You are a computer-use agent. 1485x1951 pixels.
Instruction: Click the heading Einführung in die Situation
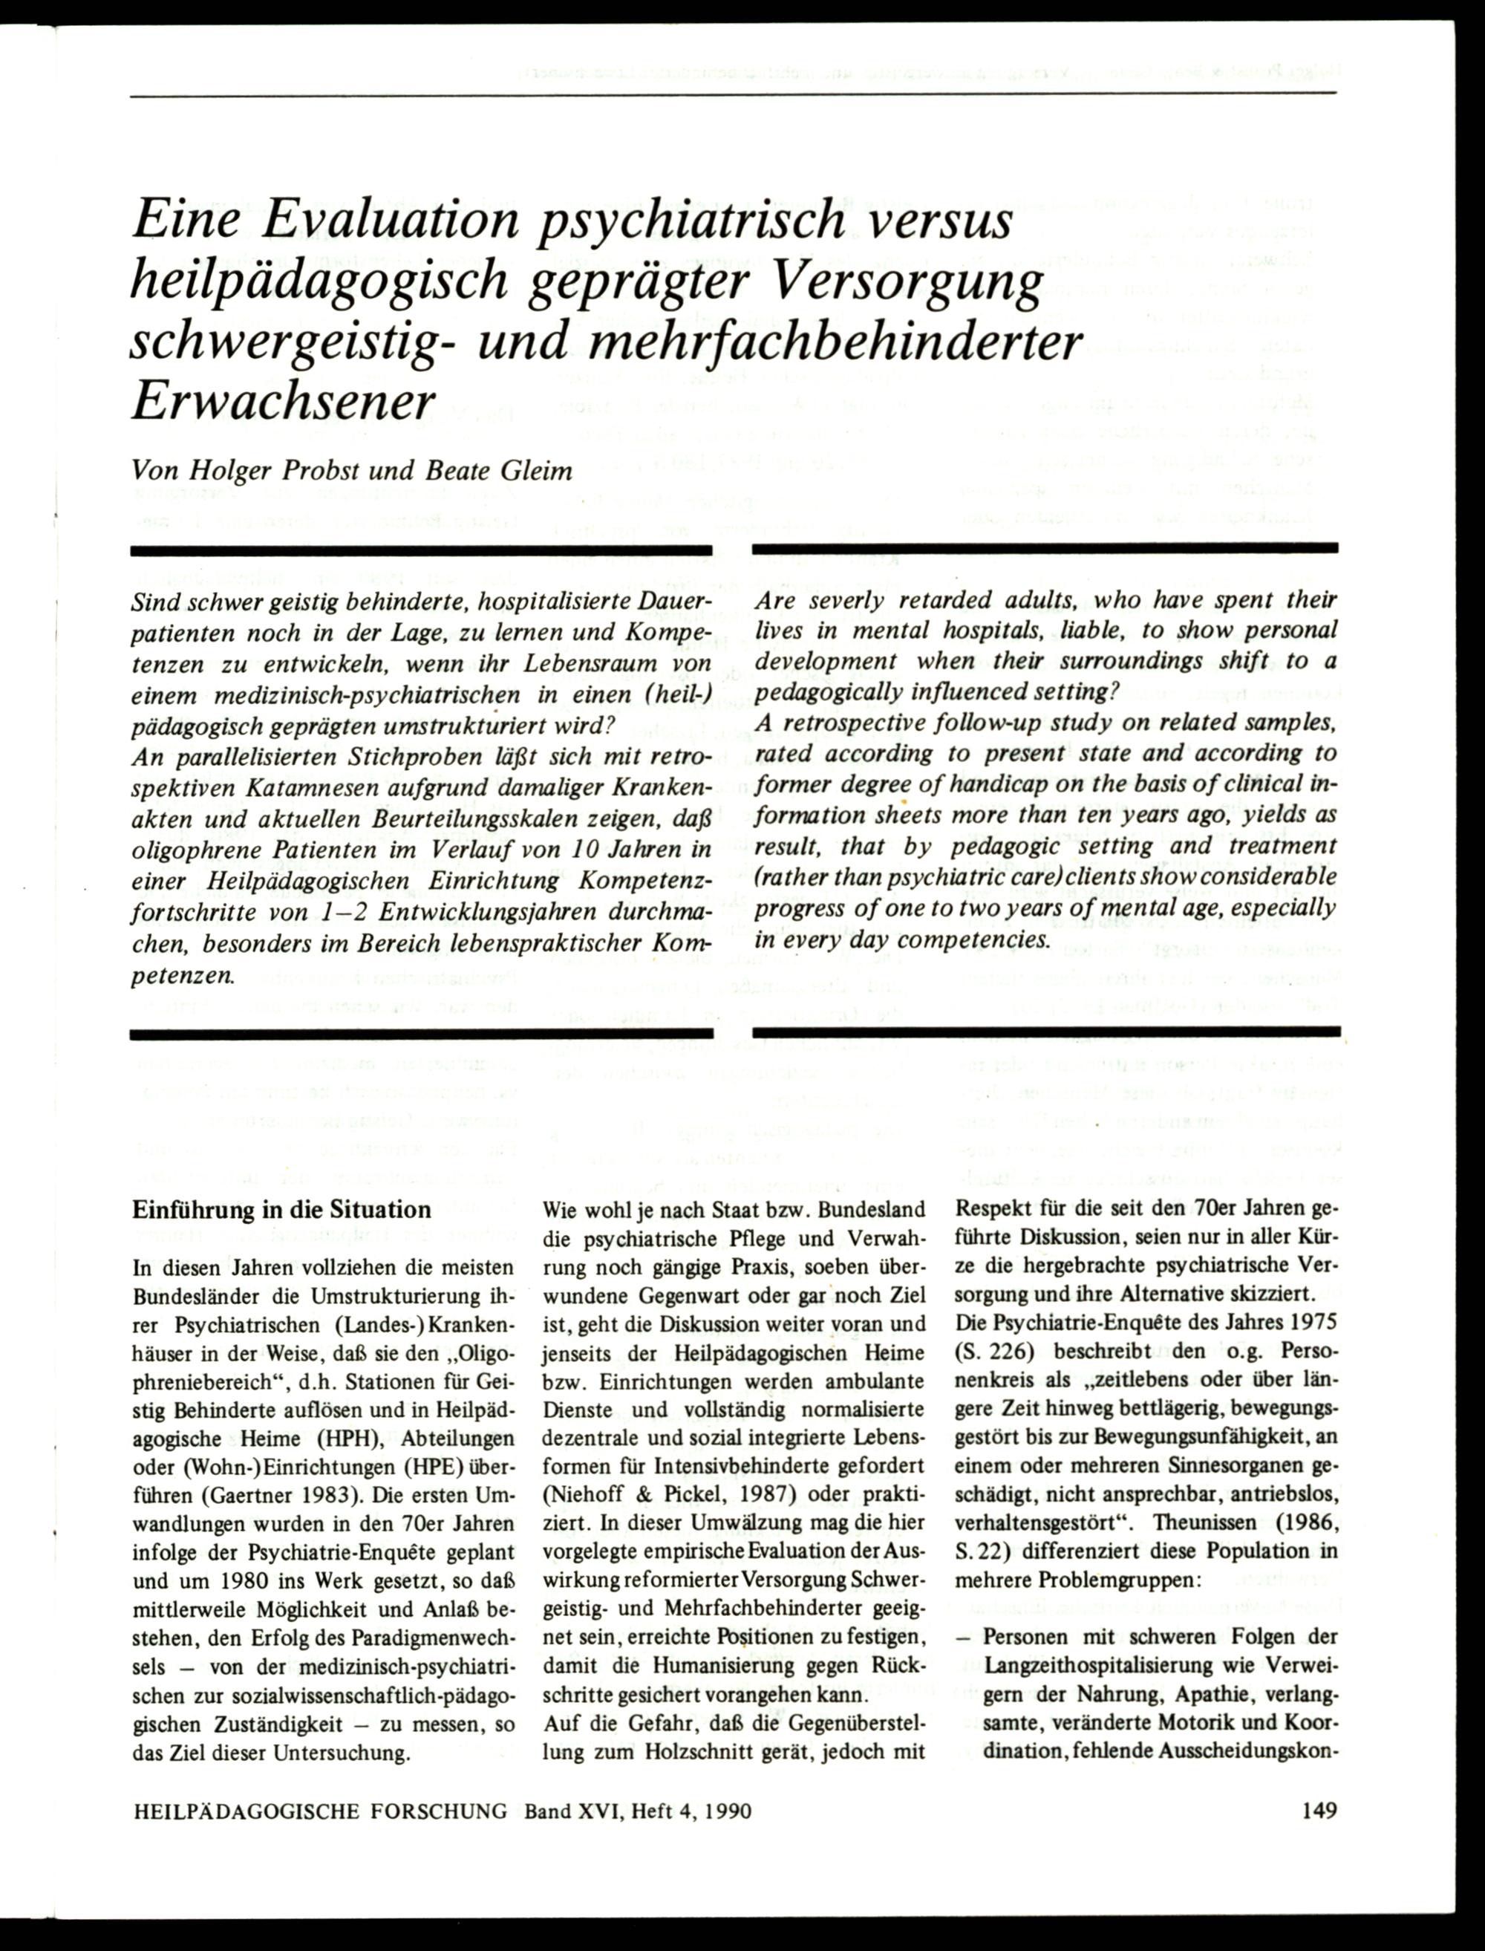pos(282,1209)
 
